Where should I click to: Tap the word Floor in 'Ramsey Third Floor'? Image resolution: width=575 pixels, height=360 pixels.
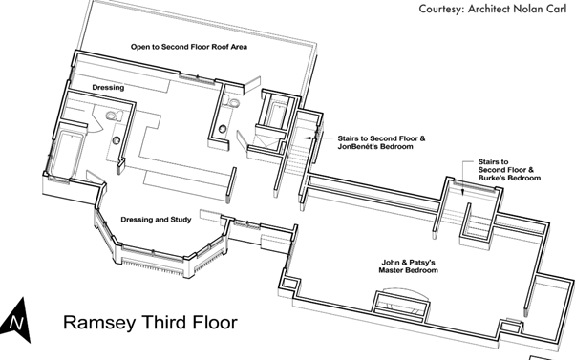tap(214, 322)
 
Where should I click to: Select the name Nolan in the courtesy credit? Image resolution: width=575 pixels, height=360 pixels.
tap(526, 9)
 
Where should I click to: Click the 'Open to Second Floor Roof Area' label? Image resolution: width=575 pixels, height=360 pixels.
tap(189, 47)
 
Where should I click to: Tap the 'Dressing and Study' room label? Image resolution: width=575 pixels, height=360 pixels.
tap(156, 220)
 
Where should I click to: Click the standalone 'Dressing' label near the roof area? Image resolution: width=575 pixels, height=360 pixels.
tap(108, 88)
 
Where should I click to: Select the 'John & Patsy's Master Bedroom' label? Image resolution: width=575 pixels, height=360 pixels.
tap(408, 266)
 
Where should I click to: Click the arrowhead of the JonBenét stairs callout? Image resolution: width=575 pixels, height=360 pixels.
tap(306, 138)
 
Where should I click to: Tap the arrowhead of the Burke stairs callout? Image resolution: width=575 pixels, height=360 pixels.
tap(463, 192)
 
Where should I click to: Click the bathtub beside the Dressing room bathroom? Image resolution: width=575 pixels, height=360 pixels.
tap(66, 155)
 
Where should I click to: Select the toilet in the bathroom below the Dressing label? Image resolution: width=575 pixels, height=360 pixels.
tap(115, 116)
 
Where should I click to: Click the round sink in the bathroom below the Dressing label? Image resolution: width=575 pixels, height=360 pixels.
tap(117, 140)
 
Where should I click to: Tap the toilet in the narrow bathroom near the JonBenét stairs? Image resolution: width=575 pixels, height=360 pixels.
tap(232, 102)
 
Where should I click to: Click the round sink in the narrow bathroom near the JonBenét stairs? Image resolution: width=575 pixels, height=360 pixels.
tap(222, 129)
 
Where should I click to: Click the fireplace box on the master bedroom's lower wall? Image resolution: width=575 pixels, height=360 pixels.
tap(401, 304)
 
